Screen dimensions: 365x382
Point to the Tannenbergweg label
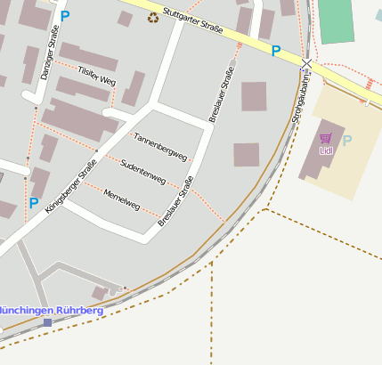(160, 147)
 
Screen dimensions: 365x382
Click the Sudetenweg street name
(142, 173)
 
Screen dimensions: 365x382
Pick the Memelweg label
(122, 199)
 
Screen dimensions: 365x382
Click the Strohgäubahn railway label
(307, 98)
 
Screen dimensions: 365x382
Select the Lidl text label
(325, 150)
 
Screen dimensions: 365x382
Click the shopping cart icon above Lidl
(325, 138)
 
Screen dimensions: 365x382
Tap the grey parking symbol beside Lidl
(347, 141)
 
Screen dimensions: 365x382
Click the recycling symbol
(153, 17)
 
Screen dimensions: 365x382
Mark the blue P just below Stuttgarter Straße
(276, 52)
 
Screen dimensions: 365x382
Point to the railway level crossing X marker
(307, 64)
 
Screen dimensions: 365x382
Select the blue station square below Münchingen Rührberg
(47, 322)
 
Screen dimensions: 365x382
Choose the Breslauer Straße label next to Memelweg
(175, 203)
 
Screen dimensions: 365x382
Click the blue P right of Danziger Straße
(64, 15)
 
